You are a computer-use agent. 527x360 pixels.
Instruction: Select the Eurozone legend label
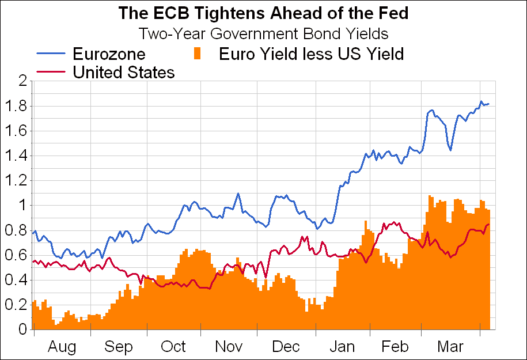coord(109,54)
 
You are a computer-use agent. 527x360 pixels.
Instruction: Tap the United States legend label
coord(123,73)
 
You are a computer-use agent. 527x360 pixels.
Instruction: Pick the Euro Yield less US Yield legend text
coord(311,54)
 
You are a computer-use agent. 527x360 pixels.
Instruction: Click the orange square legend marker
coord(198,54)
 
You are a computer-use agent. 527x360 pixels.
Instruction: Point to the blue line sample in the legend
coord(52,54)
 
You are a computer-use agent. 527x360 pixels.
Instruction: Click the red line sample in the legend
coord(52,72)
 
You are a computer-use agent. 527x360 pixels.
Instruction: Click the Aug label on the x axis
coord(62,347)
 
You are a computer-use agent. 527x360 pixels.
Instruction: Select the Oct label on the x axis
coord(173,347)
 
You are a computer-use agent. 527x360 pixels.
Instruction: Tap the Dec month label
coord(286,347)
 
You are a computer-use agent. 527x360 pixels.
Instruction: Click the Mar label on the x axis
coord(451,347)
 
